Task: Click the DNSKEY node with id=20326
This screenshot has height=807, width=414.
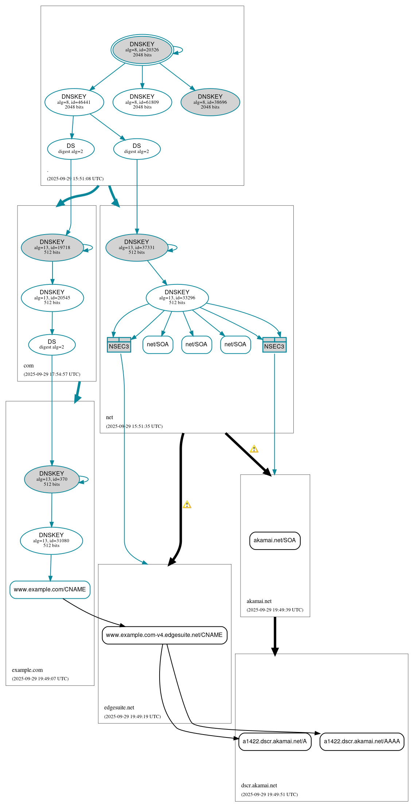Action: pos(142,50)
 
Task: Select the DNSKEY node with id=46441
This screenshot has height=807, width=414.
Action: pos(74,102)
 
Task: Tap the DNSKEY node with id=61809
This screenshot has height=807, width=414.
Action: pos(142,102)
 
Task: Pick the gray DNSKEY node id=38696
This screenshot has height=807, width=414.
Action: pos(210,102)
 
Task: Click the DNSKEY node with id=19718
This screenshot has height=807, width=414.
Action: pos(52,247)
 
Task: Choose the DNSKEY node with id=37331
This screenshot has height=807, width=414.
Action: pos(137,247)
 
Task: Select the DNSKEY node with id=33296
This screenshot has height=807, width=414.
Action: pos(177,298)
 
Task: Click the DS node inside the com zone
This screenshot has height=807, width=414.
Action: pos(52,345)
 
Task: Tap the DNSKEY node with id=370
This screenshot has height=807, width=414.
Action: pos(52,479)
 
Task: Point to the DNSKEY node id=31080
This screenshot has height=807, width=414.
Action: pos(51,540)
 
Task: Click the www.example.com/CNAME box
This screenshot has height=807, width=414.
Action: pos(50,589)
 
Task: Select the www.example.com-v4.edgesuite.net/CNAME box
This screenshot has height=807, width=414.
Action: pos(164,635)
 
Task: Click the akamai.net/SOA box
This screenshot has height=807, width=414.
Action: pos(275,540)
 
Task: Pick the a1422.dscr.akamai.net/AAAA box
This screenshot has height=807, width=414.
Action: pos(362,741)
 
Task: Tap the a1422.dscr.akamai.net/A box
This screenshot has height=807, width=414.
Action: pos(275,741)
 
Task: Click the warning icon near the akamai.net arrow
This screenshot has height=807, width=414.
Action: pos(254,449)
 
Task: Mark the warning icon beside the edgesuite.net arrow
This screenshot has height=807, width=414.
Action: pos(187,505)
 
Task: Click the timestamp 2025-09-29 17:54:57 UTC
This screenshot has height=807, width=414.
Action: pos(52,374)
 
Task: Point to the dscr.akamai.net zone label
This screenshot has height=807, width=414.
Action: pos(259,786)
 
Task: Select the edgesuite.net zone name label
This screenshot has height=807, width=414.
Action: pos(119,708)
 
